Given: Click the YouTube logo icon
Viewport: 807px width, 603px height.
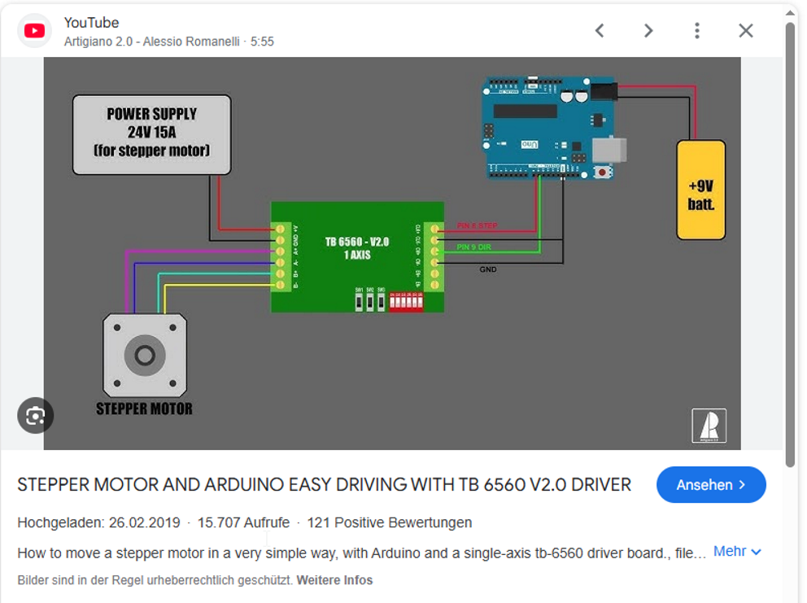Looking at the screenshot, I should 34,31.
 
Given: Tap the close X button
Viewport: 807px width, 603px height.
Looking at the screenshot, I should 745,31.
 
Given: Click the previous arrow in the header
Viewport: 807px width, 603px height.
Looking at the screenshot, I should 600,31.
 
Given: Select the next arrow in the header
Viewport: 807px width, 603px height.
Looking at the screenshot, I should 648,31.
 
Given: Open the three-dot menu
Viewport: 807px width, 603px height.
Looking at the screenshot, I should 697,31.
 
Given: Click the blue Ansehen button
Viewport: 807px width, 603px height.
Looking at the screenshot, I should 711,485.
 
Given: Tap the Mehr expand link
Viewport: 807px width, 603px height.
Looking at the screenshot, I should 737,552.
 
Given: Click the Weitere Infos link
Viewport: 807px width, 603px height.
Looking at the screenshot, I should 334,580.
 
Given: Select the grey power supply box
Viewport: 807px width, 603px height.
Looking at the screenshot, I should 151,134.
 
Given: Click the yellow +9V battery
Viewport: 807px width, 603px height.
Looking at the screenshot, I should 700,190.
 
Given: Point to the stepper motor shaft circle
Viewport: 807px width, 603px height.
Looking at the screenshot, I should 145,356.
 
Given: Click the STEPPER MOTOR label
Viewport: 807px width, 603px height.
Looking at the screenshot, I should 144,409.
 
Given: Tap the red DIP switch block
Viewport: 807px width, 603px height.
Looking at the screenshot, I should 406,302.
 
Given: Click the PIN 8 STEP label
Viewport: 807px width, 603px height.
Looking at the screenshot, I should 477,225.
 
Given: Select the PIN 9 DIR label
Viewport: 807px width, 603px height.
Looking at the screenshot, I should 474,247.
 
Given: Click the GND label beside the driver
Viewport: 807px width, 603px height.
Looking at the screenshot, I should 487,269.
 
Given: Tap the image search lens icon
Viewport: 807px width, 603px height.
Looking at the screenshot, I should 35,416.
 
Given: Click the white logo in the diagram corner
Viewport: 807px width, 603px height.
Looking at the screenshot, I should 709,426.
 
